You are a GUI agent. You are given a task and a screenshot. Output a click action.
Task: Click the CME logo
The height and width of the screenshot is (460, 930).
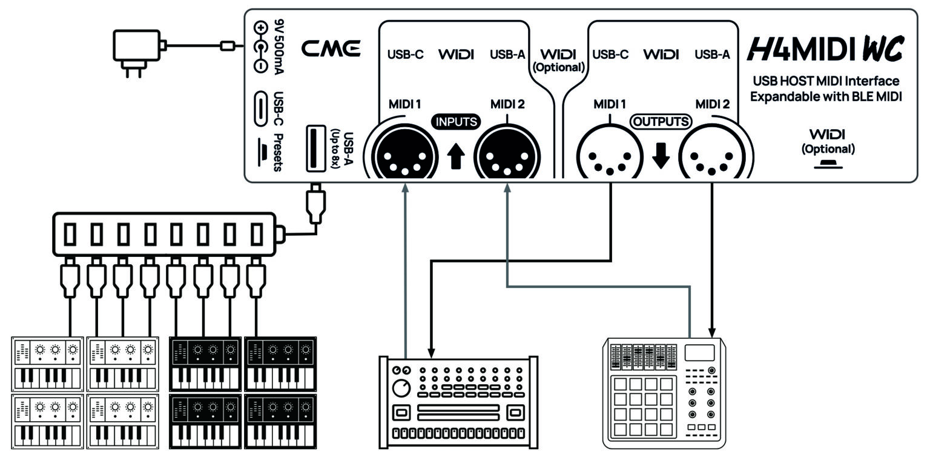click(x=331, y=49)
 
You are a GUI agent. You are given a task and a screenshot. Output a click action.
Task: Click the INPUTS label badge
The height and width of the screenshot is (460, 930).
click(x=456, y=122)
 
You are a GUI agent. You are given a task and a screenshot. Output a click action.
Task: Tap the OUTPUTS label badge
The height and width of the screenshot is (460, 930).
click(x=661, y=122)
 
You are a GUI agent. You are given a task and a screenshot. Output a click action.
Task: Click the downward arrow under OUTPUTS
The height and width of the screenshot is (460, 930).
click(x=661, y=156)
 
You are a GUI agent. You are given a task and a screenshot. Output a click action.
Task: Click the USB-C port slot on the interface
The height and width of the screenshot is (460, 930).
click(x=260, y=108)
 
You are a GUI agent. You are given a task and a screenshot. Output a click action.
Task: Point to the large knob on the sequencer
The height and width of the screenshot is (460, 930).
click(x=401, y=388)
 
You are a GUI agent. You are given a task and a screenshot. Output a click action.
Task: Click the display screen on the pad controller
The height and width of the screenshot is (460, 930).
click(x=699, y=353)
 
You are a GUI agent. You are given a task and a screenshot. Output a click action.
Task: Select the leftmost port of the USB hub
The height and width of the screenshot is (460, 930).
click(x=70, y=234)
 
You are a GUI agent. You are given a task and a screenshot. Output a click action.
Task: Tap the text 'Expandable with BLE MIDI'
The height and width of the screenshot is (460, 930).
click(x=825, y=96)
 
